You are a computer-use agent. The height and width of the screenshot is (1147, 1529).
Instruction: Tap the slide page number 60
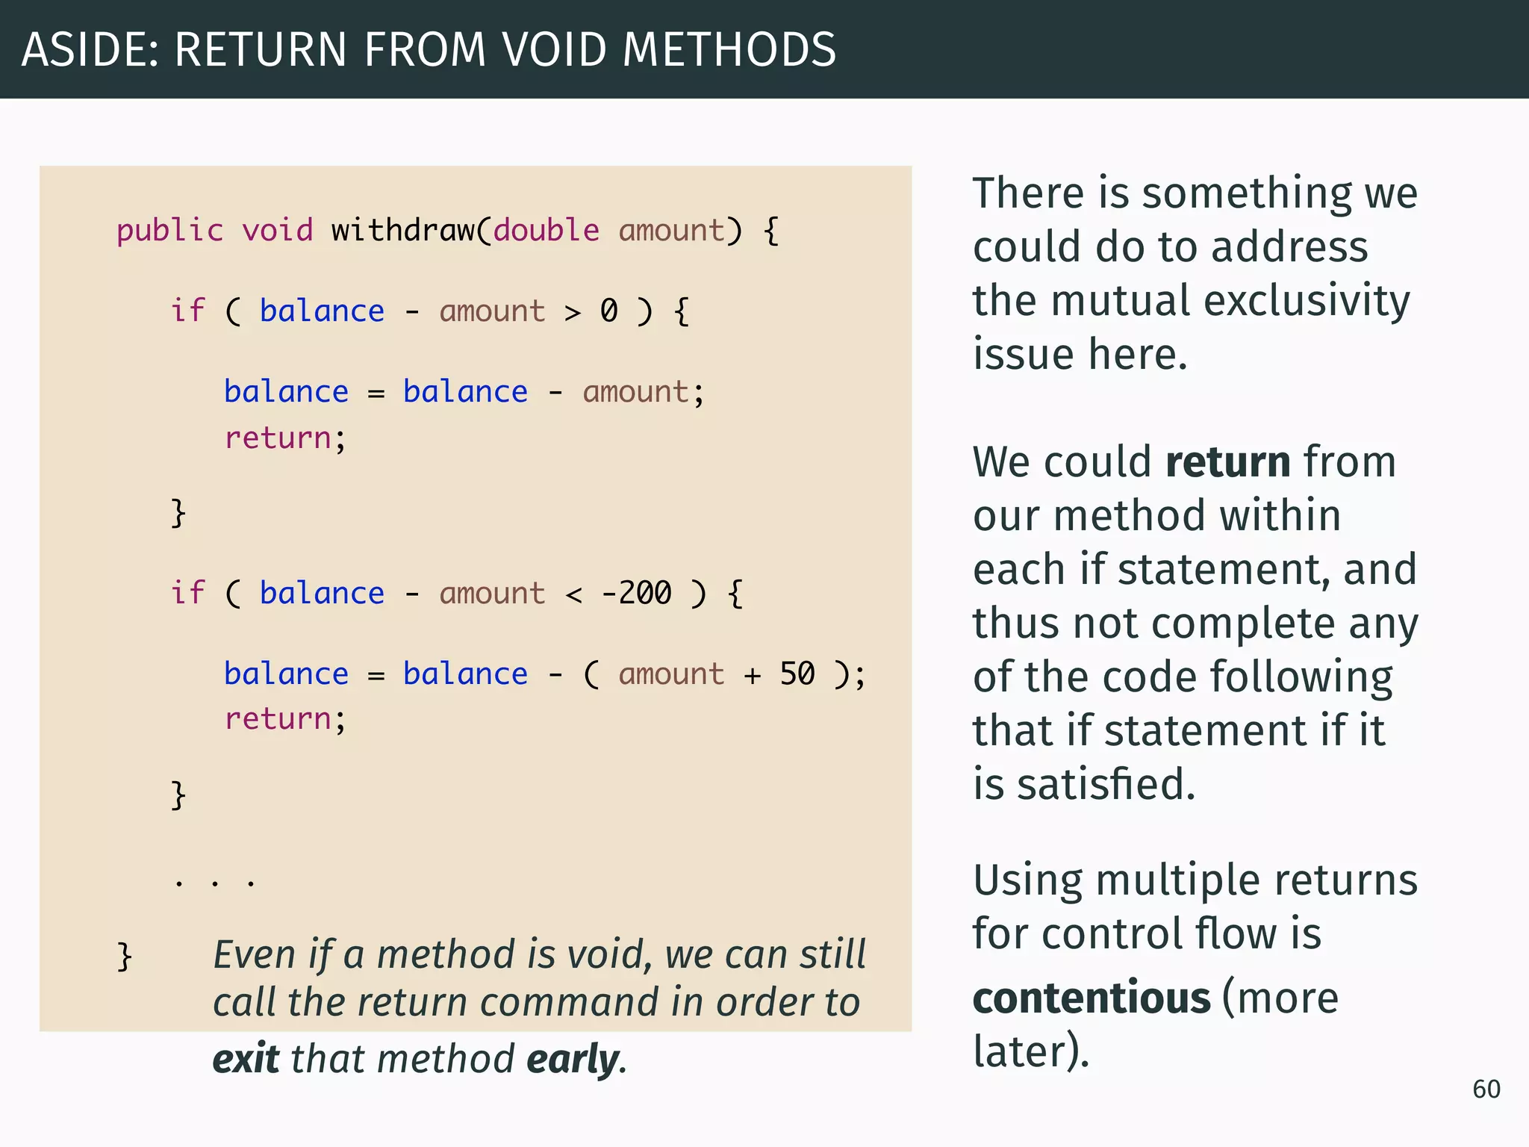(x=1486, y=1090)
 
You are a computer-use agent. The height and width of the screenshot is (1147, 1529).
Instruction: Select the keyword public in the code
(x=169, y=231)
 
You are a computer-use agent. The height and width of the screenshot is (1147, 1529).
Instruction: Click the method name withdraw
(x=402, y=230)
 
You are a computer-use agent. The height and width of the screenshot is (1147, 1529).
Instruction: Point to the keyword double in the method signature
(x=546, y=230)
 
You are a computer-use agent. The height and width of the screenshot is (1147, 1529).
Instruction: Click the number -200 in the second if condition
(x=636, y=594)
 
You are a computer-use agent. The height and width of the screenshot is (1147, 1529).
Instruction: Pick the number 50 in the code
(x=797, y=674)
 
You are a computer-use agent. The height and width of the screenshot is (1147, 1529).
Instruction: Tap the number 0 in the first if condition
(x=609, y=311)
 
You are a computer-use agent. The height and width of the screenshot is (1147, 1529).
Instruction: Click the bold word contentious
(x=1091, y=998)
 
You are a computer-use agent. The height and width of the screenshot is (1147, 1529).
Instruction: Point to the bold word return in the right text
(x=1227, y=462)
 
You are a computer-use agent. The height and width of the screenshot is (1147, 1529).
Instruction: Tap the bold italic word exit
(x=246, y=1060)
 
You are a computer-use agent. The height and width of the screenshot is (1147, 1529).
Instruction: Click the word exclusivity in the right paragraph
(x=1307, y=301)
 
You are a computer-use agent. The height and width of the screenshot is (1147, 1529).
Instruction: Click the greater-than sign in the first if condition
(x=573, y=313)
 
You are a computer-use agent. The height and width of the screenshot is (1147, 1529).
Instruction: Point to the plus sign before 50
(x=752, y=676)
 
